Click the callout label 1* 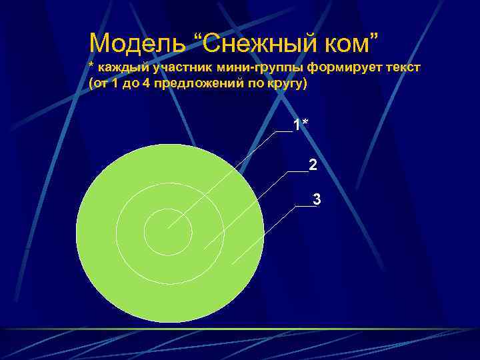pos(301,125)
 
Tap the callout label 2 pos(313,165)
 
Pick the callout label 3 pos(317,199)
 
